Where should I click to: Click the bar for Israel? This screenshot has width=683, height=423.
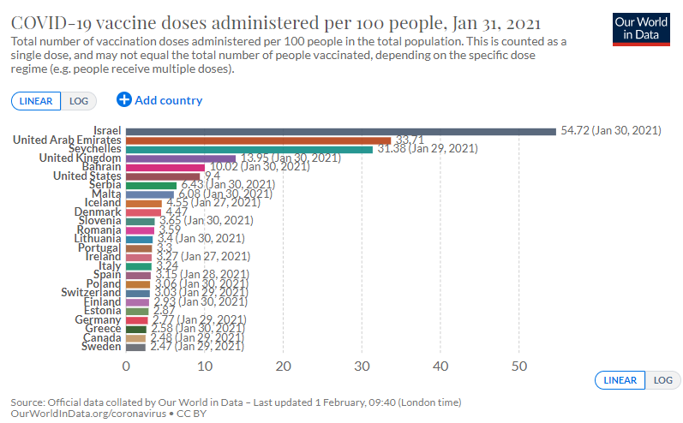pos(341,131)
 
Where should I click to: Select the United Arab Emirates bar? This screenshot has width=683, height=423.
pos(258,140)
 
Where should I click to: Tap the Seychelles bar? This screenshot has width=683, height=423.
pos(249,149)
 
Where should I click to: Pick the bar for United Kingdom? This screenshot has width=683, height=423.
pos(181,158)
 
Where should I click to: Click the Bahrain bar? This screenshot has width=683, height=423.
pos(165,167)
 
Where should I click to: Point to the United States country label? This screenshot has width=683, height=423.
pos(87,176)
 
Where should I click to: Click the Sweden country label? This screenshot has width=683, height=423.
pos(101,347)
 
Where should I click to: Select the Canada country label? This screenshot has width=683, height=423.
pos(101,338)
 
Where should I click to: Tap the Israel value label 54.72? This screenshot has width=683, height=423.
pos(610,131)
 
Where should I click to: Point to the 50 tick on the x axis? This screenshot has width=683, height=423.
pos(519,366)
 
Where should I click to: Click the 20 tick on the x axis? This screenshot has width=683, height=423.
pos(284,366)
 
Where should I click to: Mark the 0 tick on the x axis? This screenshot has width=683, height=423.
pos(127,366)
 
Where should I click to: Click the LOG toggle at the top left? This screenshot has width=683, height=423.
pos(79,101)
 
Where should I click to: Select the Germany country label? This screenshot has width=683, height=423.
pos(97,319)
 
